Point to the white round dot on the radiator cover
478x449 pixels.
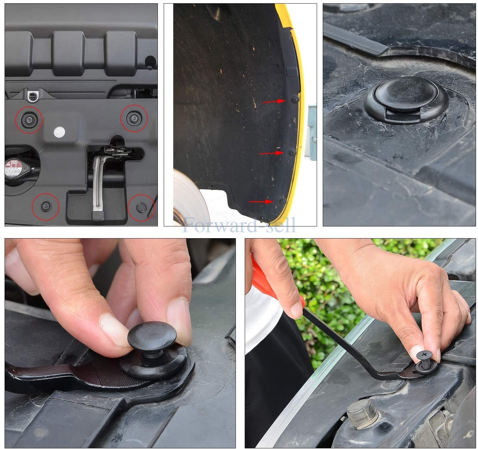click(x=59, y=132)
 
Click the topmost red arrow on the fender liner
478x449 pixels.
click(x=274, y=102)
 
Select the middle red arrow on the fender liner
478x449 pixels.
click(x=271, y=153)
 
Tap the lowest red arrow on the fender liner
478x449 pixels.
click(x=261, y=202)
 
